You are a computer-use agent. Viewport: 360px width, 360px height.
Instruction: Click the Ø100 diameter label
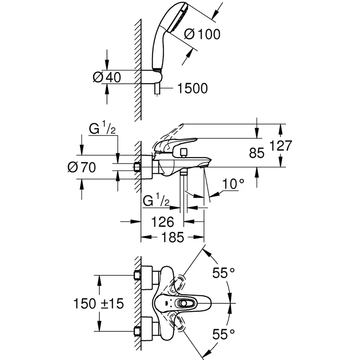[x=203, y=34]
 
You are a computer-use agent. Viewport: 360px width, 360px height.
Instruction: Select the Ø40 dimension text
[x=107, y=77]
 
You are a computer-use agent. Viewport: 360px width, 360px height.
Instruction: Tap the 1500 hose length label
[x=193, y=89]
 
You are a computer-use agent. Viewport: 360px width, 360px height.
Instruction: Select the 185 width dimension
[x=172, y=238]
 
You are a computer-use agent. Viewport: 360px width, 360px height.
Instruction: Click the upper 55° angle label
[x=223, y=272]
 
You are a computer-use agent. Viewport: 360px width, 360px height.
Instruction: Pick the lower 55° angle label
[x=223, y=333]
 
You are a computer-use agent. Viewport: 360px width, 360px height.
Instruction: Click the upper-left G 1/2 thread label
[x=103, y=129]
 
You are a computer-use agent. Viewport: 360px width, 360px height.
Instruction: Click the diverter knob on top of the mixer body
[x=184, y=153]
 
